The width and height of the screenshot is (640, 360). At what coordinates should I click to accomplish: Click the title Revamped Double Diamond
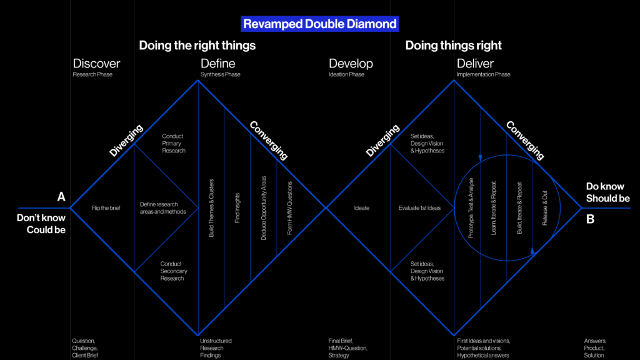[319, 24]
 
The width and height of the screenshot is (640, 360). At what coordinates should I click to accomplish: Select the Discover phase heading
[96, 64]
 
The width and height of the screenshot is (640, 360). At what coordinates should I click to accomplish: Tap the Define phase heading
[217, 64]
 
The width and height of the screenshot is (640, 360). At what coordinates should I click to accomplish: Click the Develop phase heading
[351, 64]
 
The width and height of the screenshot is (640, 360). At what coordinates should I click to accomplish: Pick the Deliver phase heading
[475, 64]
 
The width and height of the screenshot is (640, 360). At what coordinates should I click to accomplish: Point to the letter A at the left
[61, 197]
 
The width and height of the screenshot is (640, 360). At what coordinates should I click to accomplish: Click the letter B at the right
[591, 219]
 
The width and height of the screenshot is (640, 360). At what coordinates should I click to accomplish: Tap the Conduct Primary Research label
[173, 143]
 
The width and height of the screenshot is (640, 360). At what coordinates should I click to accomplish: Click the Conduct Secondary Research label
[173, 271]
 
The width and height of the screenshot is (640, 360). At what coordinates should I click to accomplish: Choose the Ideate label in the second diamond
[361, 208]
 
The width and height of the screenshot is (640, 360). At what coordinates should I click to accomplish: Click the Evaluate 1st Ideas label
[419, 208]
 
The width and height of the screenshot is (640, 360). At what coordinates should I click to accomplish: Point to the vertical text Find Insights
[237, 208]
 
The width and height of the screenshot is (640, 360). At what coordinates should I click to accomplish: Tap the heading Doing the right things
[197, 45]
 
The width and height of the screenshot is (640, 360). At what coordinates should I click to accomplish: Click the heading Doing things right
[453, 45]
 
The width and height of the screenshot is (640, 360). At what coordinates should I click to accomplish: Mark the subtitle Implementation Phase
[483, 75]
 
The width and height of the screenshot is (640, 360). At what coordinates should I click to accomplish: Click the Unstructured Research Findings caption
[216, 348]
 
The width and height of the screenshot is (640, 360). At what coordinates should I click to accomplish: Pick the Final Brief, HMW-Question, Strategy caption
[348, 348]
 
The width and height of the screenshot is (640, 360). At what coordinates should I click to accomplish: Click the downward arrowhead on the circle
[480, 157]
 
